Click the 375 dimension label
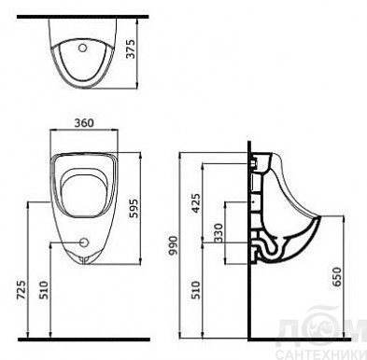tap(132, 48)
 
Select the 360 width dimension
tap(84, 123)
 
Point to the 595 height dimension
tap(133, 208)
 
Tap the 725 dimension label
tap(21, 290)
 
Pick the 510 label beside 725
tap(44, 290)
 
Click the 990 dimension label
tap(173, 245)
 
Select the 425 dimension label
tap(196, 203)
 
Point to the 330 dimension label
tap(219, 233)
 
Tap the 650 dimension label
tap(337, 277)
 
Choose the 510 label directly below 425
tap(196, 290)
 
